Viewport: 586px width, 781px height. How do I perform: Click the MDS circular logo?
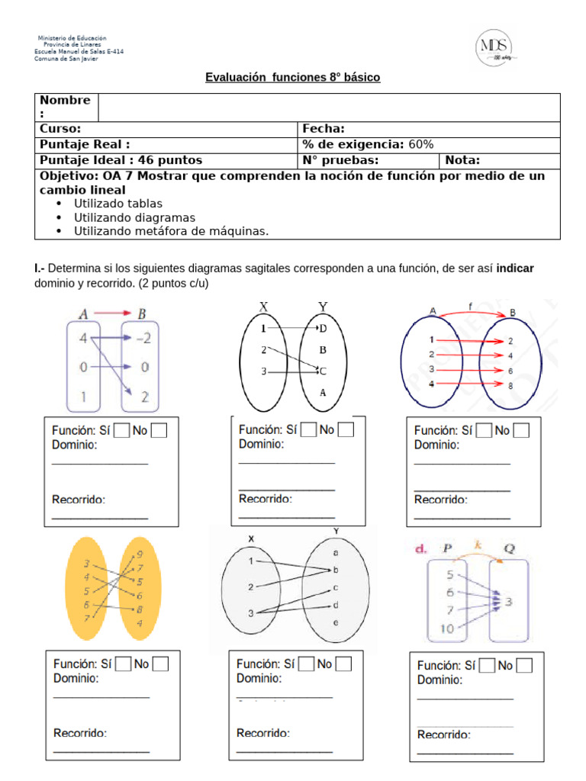494,47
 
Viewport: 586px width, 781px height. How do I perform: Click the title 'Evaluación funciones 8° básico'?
292,78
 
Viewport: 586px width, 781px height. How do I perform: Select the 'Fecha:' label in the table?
324,129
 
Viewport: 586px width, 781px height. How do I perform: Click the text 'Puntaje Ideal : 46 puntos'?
121,160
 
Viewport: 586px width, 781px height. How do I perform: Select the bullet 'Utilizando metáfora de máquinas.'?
171,231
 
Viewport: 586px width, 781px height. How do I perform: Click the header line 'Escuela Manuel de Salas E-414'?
79,52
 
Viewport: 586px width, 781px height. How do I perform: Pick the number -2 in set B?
144,339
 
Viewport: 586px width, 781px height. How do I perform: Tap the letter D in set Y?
323,328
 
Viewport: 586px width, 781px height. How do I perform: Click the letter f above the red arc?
471,308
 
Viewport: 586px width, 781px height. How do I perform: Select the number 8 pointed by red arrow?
510,386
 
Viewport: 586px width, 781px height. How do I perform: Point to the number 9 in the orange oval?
139,554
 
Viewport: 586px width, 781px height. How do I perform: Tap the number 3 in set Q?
507,602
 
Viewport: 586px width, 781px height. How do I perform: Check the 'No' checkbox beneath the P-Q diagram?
523,666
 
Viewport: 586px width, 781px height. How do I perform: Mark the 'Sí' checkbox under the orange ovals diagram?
123,664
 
